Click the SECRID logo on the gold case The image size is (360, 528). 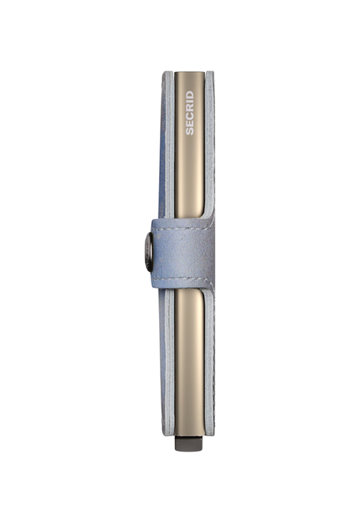190,113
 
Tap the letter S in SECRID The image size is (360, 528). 190,132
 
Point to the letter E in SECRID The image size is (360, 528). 190,124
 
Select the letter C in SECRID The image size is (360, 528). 190,116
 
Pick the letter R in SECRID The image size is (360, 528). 190,108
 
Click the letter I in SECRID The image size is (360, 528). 190,102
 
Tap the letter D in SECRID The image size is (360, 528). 190,95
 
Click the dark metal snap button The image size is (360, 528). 149,252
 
